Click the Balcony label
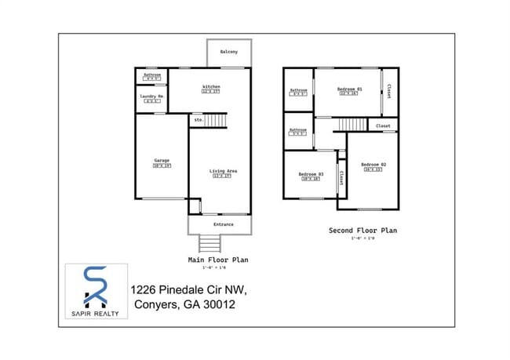(x=230, y=53)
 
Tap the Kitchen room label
(x=211, y=86)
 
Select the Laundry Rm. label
(x=151, y=96)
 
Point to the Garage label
(x=162, y=161)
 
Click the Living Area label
(x=223, y=171)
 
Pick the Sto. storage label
(x=198, y=120)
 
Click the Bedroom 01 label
(x=350, y=89)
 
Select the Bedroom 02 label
(x=374, y=164)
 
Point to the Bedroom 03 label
(x=311, y=173)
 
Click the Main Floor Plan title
(x=218, y=260)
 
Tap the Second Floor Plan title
(x=362, y=231)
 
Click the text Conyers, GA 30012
(x=184, y=305)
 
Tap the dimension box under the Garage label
(x=162, y=166)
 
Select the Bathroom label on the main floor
(x=151, y=75)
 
